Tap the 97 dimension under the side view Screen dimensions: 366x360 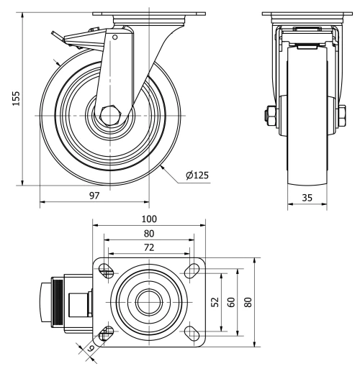pyautogui.click(x=94, y=193)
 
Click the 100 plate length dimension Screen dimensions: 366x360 pyautogui.click(x=148, y=218)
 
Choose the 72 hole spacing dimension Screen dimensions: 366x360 pyautogui.click(x=148, y=247)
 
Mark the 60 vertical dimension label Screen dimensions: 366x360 pyautogui.click(x=230, y=302)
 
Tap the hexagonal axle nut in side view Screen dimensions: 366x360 pyautogui.click(x=110, y=115)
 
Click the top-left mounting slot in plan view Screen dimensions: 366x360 pyautogui.click(x=106, y=270)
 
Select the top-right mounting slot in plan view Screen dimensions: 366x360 pyautogui.click(x=192, y=270)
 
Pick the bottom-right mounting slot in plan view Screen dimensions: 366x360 pyautogui.click(x=192, y=331)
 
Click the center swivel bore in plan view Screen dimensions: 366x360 pyautogui.click(x=148, y=301)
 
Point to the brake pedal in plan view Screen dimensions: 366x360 pyautogui.click(x=45, y=301)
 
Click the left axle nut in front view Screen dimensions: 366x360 pyautogui.click(x=271, y=115)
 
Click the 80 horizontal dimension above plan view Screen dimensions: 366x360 pyautogui.click(x=148, y=233)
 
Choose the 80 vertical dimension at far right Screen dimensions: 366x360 pyautogui.click(x=248, y=302)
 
